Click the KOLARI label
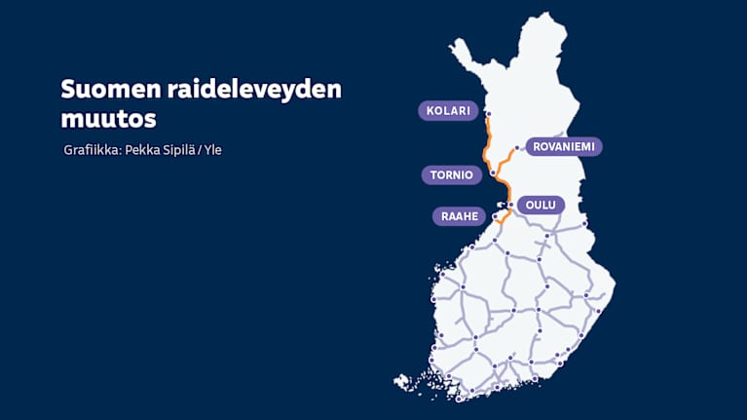[x=449, y=111]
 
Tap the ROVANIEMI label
[x=564, y=147]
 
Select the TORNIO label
[x=452, y=175]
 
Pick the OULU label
[x=540, y=205]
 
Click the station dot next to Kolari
[x=488, y=113]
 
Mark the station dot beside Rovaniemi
[x=518, y=148]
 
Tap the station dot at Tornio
[x=493, y=173]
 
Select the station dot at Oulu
[x=510, y=205]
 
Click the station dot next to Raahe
[x=497, y=215]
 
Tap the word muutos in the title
[x=108, y=119]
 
